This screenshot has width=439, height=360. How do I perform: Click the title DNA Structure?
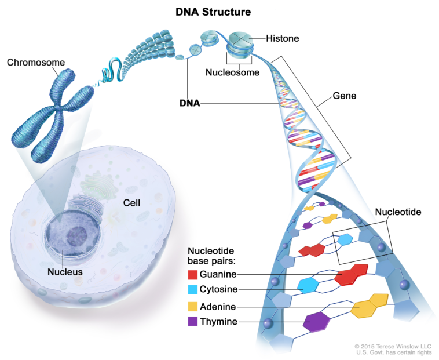pos(213,11)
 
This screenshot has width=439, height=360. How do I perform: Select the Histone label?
pos(283,39)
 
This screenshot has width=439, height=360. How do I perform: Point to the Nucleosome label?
pos(232,73)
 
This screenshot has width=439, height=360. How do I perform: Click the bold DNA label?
pos(189,104)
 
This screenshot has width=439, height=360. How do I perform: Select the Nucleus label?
pos(65,271)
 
